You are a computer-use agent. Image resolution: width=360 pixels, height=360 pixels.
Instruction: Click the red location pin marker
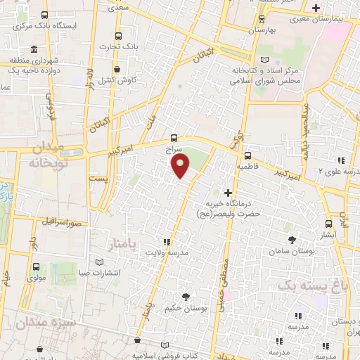pos(181,166)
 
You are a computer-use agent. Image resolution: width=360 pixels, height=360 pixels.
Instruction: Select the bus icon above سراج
pos(174,138)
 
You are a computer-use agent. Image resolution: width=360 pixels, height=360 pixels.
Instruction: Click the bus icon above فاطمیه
pos(247,156)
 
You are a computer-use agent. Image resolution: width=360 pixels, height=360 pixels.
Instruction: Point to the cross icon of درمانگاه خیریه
pos(226,192)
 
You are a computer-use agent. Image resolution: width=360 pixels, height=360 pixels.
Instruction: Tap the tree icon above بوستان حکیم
pos(186,297)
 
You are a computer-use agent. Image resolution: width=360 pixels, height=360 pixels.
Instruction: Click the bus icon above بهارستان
pos(262,19)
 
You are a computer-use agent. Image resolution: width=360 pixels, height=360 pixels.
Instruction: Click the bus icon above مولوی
pos(36,266)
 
